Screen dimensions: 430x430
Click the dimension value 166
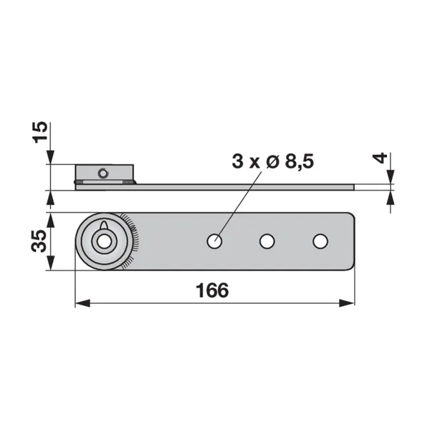click(212, 290)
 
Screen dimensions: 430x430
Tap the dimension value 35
click(39, 241)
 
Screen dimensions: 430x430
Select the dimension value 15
click(40, 132)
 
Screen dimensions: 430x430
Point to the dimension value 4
click(380, 158)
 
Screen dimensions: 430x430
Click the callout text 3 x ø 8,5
click(272, 161)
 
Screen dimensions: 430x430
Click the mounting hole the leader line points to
click(214, 242)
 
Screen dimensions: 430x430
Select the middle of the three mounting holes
click(267, 242)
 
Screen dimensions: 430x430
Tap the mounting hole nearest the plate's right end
click(320, 242)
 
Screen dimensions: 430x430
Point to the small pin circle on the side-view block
click(102, 173)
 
